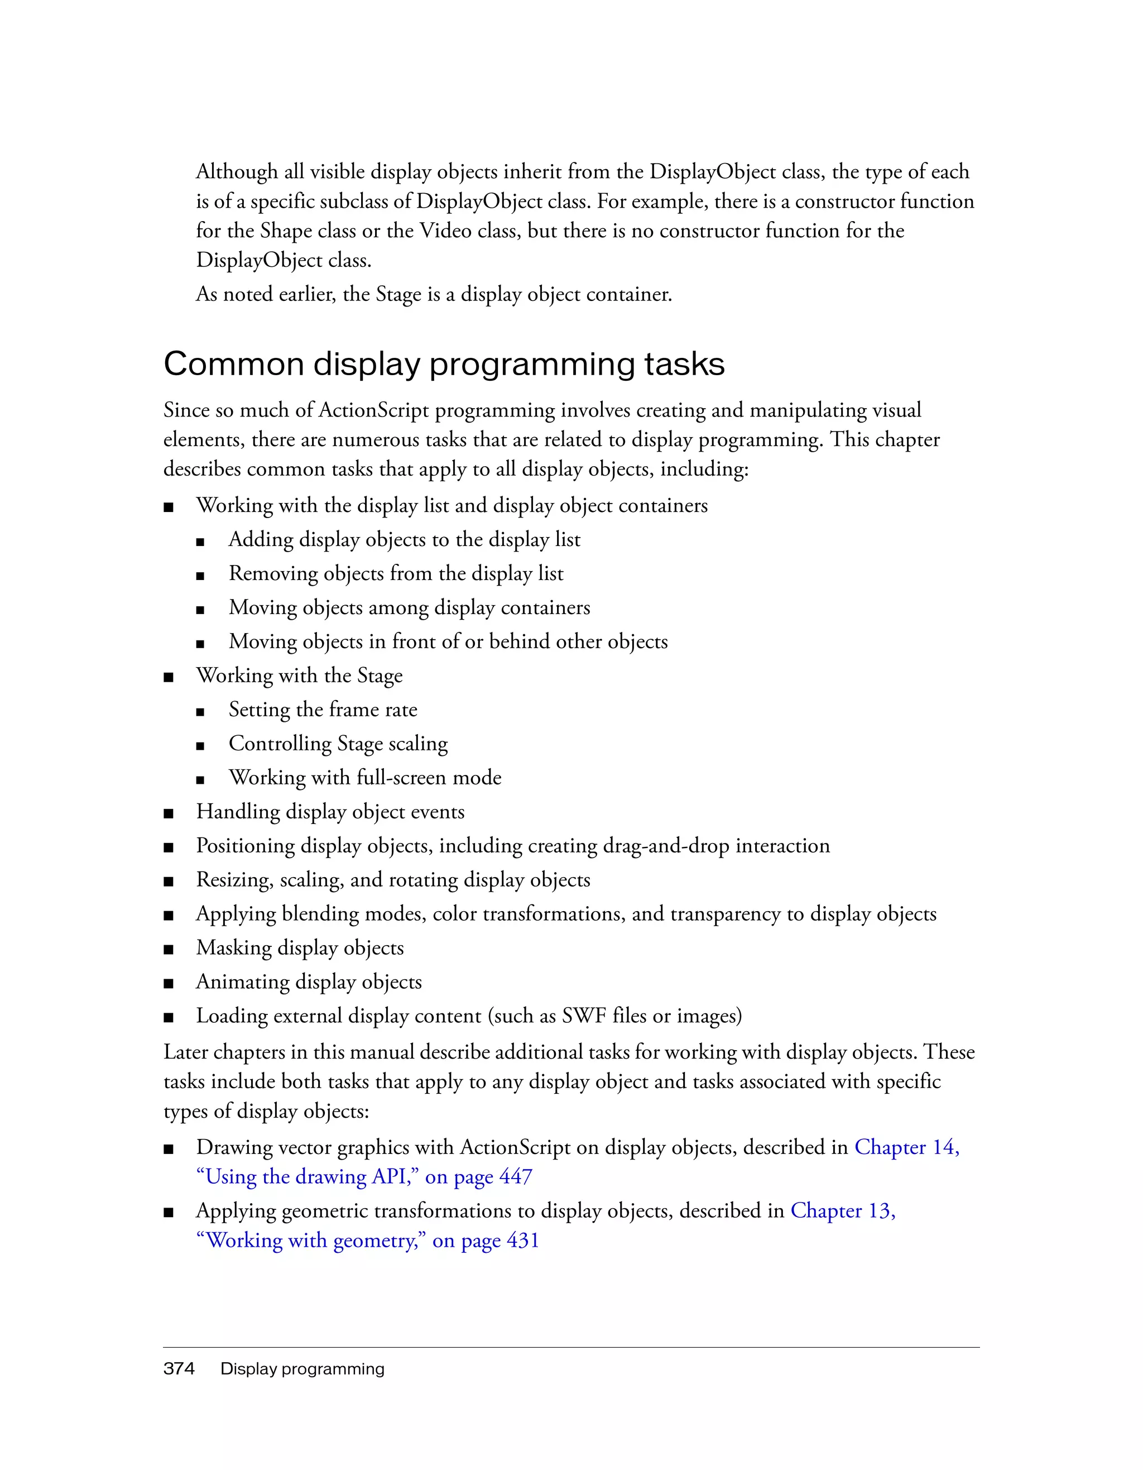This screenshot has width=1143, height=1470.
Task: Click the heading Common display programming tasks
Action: [x=444, y=364]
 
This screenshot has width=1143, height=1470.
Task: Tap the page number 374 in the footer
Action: [x=179, y=1368]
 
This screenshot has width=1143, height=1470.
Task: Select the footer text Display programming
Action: [x=302, y=1368]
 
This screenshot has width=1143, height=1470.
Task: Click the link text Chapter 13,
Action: [x=842, y=1210]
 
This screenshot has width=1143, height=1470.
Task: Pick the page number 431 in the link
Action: [x=523, y=1240]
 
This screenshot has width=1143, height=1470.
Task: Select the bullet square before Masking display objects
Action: [x=168, y=949]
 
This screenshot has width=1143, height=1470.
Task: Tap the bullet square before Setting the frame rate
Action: [x=200, y=711]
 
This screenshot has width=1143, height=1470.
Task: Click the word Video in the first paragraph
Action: [x=445, y=231]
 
